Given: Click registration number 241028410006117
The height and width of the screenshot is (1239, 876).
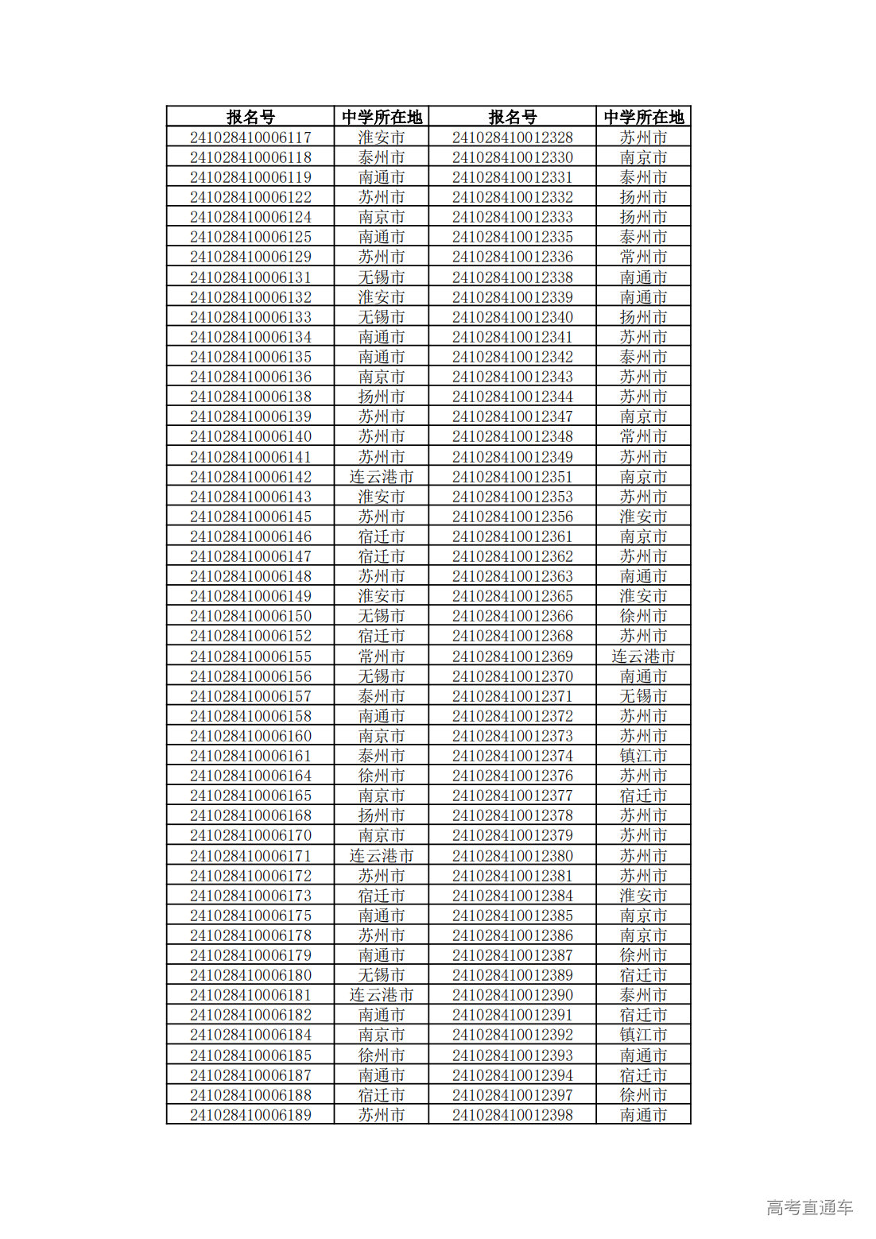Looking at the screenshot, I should [x=250, y=137].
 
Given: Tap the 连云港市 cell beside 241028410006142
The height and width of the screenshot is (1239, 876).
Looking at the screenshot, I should [x=382, y=477].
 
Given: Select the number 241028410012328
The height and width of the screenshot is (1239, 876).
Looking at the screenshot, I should [x=513, y=137].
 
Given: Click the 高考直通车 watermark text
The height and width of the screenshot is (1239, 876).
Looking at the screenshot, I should [x=809, y=1207].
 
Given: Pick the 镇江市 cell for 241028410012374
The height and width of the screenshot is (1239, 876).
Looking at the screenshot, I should [x=643, y=756].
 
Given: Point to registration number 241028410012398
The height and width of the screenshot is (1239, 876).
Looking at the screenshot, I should [x=513, y=1115].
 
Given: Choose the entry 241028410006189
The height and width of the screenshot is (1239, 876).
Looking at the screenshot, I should [x=250, y=1115].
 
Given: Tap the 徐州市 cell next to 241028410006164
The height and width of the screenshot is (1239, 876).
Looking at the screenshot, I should [x=382, y=776].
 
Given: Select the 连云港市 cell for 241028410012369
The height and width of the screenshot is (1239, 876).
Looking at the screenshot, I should [x=643, y=656].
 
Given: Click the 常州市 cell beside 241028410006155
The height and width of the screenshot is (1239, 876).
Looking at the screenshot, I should [x=382, y=656].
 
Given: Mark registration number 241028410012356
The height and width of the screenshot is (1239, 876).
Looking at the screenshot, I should [x=513, y=517].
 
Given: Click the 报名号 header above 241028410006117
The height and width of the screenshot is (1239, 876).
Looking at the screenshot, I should [x=250, y=117].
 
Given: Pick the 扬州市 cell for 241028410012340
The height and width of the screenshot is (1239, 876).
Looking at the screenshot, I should [x=643, y=317].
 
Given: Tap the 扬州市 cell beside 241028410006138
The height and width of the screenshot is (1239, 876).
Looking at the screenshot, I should [x=382, y=397].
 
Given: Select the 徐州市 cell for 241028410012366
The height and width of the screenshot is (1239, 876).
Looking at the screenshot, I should [x=643, y=616].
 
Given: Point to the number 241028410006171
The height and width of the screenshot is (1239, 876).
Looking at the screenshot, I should [x=250, y=856].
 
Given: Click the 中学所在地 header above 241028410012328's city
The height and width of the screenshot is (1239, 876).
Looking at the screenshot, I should [x=643, y=117].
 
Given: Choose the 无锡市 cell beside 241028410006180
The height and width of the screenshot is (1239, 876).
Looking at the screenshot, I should [x=382, y=975].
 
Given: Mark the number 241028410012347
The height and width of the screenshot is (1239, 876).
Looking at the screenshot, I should [x=513, y=416].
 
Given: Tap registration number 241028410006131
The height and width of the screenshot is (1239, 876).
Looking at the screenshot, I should [x=250, y=277].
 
